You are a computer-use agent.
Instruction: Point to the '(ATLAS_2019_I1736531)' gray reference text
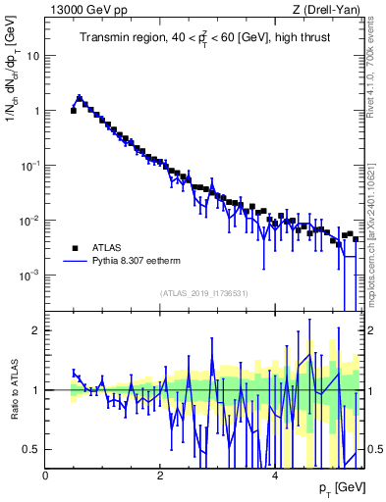coord(205,293)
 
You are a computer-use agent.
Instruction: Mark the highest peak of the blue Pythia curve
coord(80,97)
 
